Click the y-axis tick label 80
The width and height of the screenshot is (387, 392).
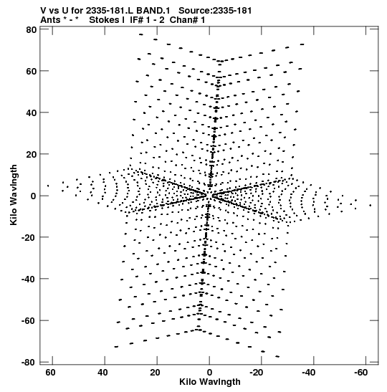(31, 30)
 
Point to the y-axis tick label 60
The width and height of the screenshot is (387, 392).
(31, 71)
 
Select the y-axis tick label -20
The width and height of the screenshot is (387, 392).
(29, 237)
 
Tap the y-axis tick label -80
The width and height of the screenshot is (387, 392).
(29, 362)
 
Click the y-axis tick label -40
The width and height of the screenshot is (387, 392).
(29, 279)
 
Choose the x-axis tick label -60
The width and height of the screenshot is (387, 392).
(360, 373)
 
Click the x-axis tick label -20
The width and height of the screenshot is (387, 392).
(257, 373)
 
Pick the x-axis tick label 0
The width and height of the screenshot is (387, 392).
(209, 373)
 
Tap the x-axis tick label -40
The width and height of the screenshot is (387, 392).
(308, 373)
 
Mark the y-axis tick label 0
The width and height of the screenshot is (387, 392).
(34, 196)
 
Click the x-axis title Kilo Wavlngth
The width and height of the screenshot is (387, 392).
(210, 382)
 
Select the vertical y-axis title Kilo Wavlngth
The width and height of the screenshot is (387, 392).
(14, 195)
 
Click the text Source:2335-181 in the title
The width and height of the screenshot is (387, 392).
(215, 11)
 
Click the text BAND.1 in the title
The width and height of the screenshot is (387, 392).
(157, 11)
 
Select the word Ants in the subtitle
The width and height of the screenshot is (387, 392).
(50, 20)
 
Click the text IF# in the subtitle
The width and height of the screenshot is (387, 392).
(137, 20)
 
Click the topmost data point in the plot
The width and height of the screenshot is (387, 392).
(141, 34)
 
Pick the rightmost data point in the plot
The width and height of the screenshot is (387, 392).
(371, 205)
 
